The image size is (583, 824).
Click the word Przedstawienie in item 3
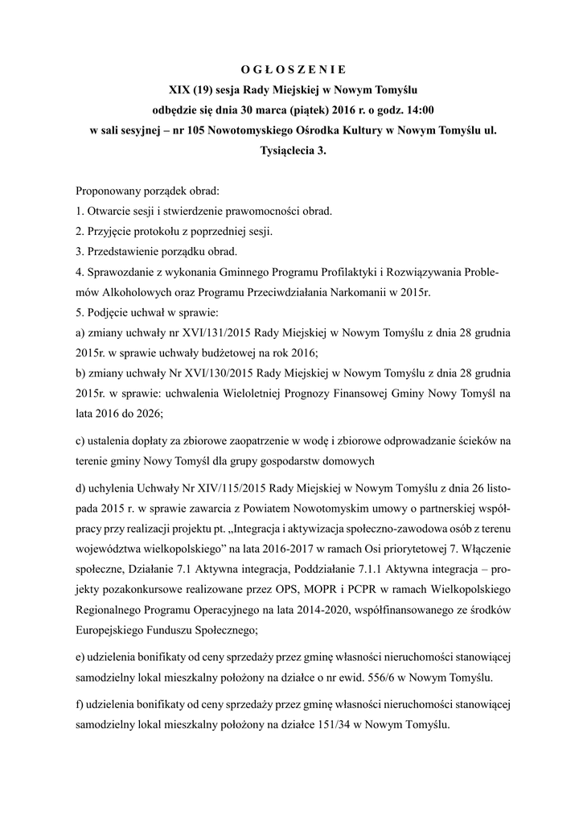click(x=123, y=252)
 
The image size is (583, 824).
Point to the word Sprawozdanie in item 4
click(x=122, y=272)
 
